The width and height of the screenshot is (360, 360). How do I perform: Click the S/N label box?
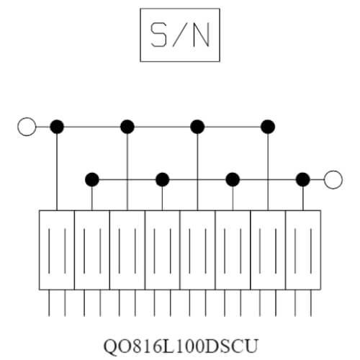180,9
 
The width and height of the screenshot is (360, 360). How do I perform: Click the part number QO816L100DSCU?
181,346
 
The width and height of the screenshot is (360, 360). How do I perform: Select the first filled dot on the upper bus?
57,127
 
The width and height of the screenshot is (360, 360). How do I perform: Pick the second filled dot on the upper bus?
127,127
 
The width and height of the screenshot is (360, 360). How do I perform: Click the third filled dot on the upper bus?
197,127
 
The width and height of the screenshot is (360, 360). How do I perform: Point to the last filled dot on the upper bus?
268,127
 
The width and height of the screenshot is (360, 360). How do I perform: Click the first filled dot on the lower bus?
92,179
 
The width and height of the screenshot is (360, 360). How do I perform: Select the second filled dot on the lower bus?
163,179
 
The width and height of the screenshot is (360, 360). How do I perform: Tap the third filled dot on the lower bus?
233,179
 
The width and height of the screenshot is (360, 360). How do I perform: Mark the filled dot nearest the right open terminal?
303,179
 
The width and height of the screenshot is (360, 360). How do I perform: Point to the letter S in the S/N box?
158,35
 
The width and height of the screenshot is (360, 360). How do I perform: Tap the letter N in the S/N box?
201,35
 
